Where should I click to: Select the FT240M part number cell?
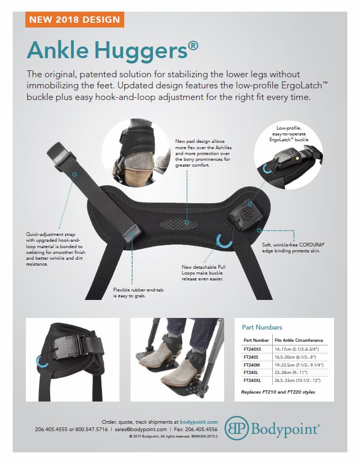tap(253, 364)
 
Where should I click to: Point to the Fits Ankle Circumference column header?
tap(299, 340)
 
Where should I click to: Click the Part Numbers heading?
tap(262, 327)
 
